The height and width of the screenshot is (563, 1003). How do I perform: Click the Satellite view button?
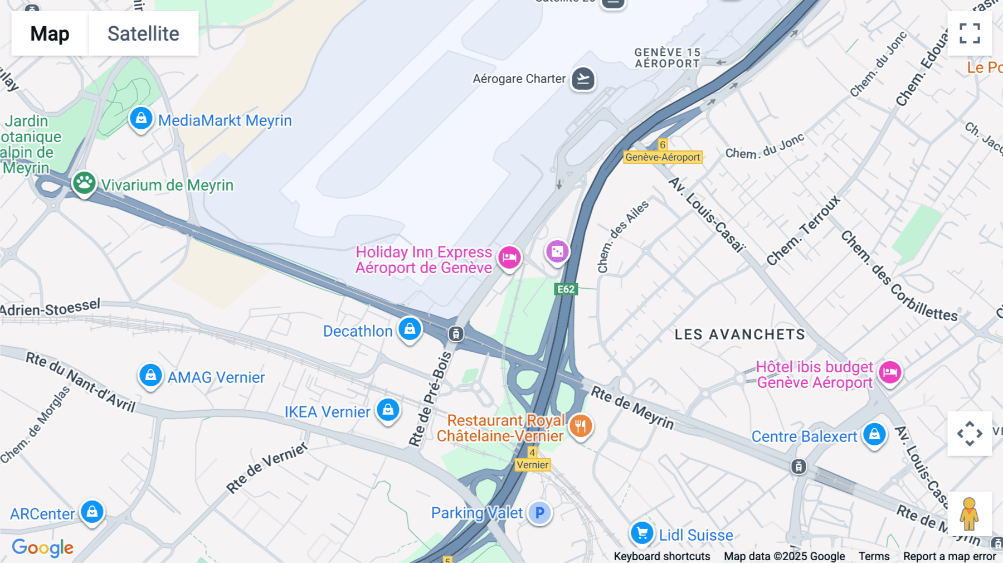tap(143, 33)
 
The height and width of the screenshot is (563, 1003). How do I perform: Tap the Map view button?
tap(50, 33)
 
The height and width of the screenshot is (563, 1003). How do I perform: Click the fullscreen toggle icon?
tap(970, 33)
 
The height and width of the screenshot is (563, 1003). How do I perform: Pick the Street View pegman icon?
tap(969, 513)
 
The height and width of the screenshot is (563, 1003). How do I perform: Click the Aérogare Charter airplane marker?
tap(583, 79)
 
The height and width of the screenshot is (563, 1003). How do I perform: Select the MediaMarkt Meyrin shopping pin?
tap(141, 119)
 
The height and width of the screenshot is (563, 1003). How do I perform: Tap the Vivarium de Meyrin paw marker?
tap(84, 183)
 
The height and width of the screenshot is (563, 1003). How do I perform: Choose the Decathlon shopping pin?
tap(410, 329)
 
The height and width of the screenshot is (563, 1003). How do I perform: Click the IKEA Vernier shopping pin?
tap(388, 410)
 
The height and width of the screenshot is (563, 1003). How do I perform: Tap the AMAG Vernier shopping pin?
tap(150, 376)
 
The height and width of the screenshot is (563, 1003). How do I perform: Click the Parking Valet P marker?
tap(539, 513)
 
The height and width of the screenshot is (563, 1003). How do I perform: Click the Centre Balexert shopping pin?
tap(874, 434)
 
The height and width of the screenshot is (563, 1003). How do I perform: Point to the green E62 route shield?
tap(566, 289)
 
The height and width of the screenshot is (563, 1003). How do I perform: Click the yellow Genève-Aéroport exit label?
tap(663, 157)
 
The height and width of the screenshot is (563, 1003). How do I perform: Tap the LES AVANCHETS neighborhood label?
tap(739, 334)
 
